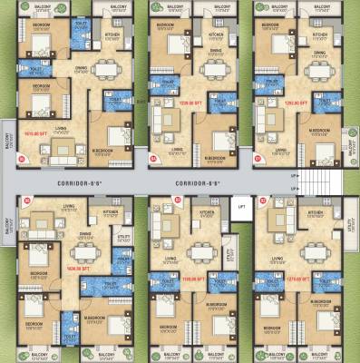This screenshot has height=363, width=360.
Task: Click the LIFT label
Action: pos(241,206)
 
